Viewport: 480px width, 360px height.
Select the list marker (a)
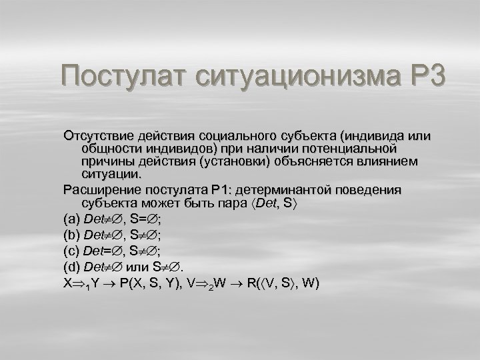[x=71, y=217]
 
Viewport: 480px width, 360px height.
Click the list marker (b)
[x=71, y=234]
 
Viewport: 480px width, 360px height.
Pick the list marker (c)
[x=71, y=251]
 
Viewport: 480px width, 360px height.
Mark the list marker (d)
[x=71, y=267]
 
